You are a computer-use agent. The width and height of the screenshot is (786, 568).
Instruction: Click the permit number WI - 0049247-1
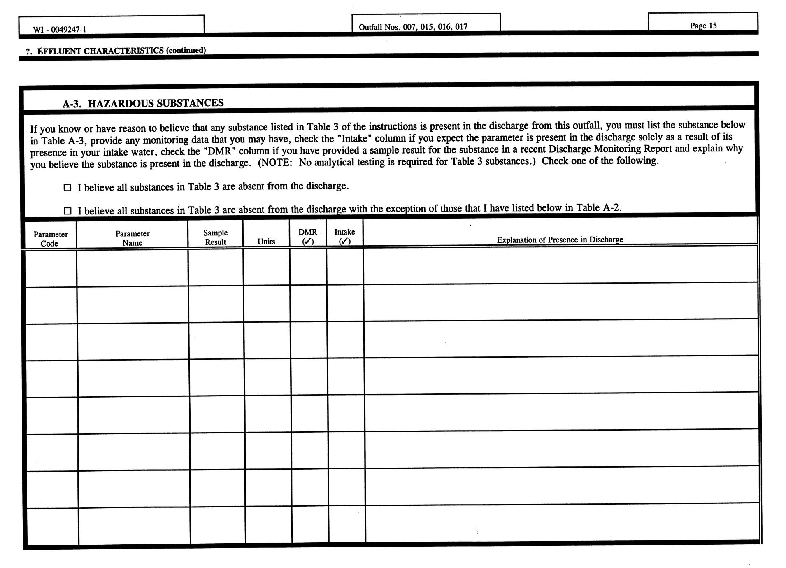tap(60, 29)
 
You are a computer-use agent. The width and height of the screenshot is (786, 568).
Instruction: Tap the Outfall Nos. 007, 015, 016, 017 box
tap(413, 27)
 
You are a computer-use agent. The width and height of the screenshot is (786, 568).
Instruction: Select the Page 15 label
tap(703, 26)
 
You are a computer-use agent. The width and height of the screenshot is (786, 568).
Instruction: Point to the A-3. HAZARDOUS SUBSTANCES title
tap(143, 103)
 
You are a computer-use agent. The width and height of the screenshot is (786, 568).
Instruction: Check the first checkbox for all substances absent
tap(67, 188)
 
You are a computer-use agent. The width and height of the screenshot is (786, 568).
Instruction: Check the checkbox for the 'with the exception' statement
tap(67, 211)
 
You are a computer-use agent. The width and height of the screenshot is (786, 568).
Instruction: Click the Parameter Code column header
tap(50, 239)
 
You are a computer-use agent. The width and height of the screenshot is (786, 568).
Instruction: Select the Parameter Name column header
tap(132, 238)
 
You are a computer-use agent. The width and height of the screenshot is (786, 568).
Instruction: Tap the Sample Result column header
tap(215, 237)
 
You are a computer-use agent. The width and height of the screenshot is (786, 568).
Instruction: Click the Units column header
tap(266, 242)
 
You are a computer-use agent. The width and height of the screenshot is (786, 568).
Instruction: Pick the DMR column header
tap(308, 232)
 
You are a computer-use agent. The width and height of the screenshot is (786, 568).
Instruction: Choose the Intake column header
tap(344, 232)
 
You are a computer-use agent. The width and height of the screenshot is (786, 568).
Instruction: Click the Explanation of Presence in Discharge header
tap(560, 240)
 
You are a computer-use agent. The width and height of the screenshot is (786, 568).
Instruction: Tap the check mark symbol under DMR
tap(308, 242)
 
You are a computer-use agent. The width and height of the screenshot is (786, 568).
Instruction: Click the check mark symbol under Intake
tap(344, 242)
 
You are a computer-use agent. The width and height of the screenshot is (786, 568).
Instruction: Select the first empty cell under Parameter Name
tap(132, 268)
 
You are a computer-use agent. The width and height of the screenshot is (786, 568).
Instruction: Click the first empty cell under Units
tap(266, 268)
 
